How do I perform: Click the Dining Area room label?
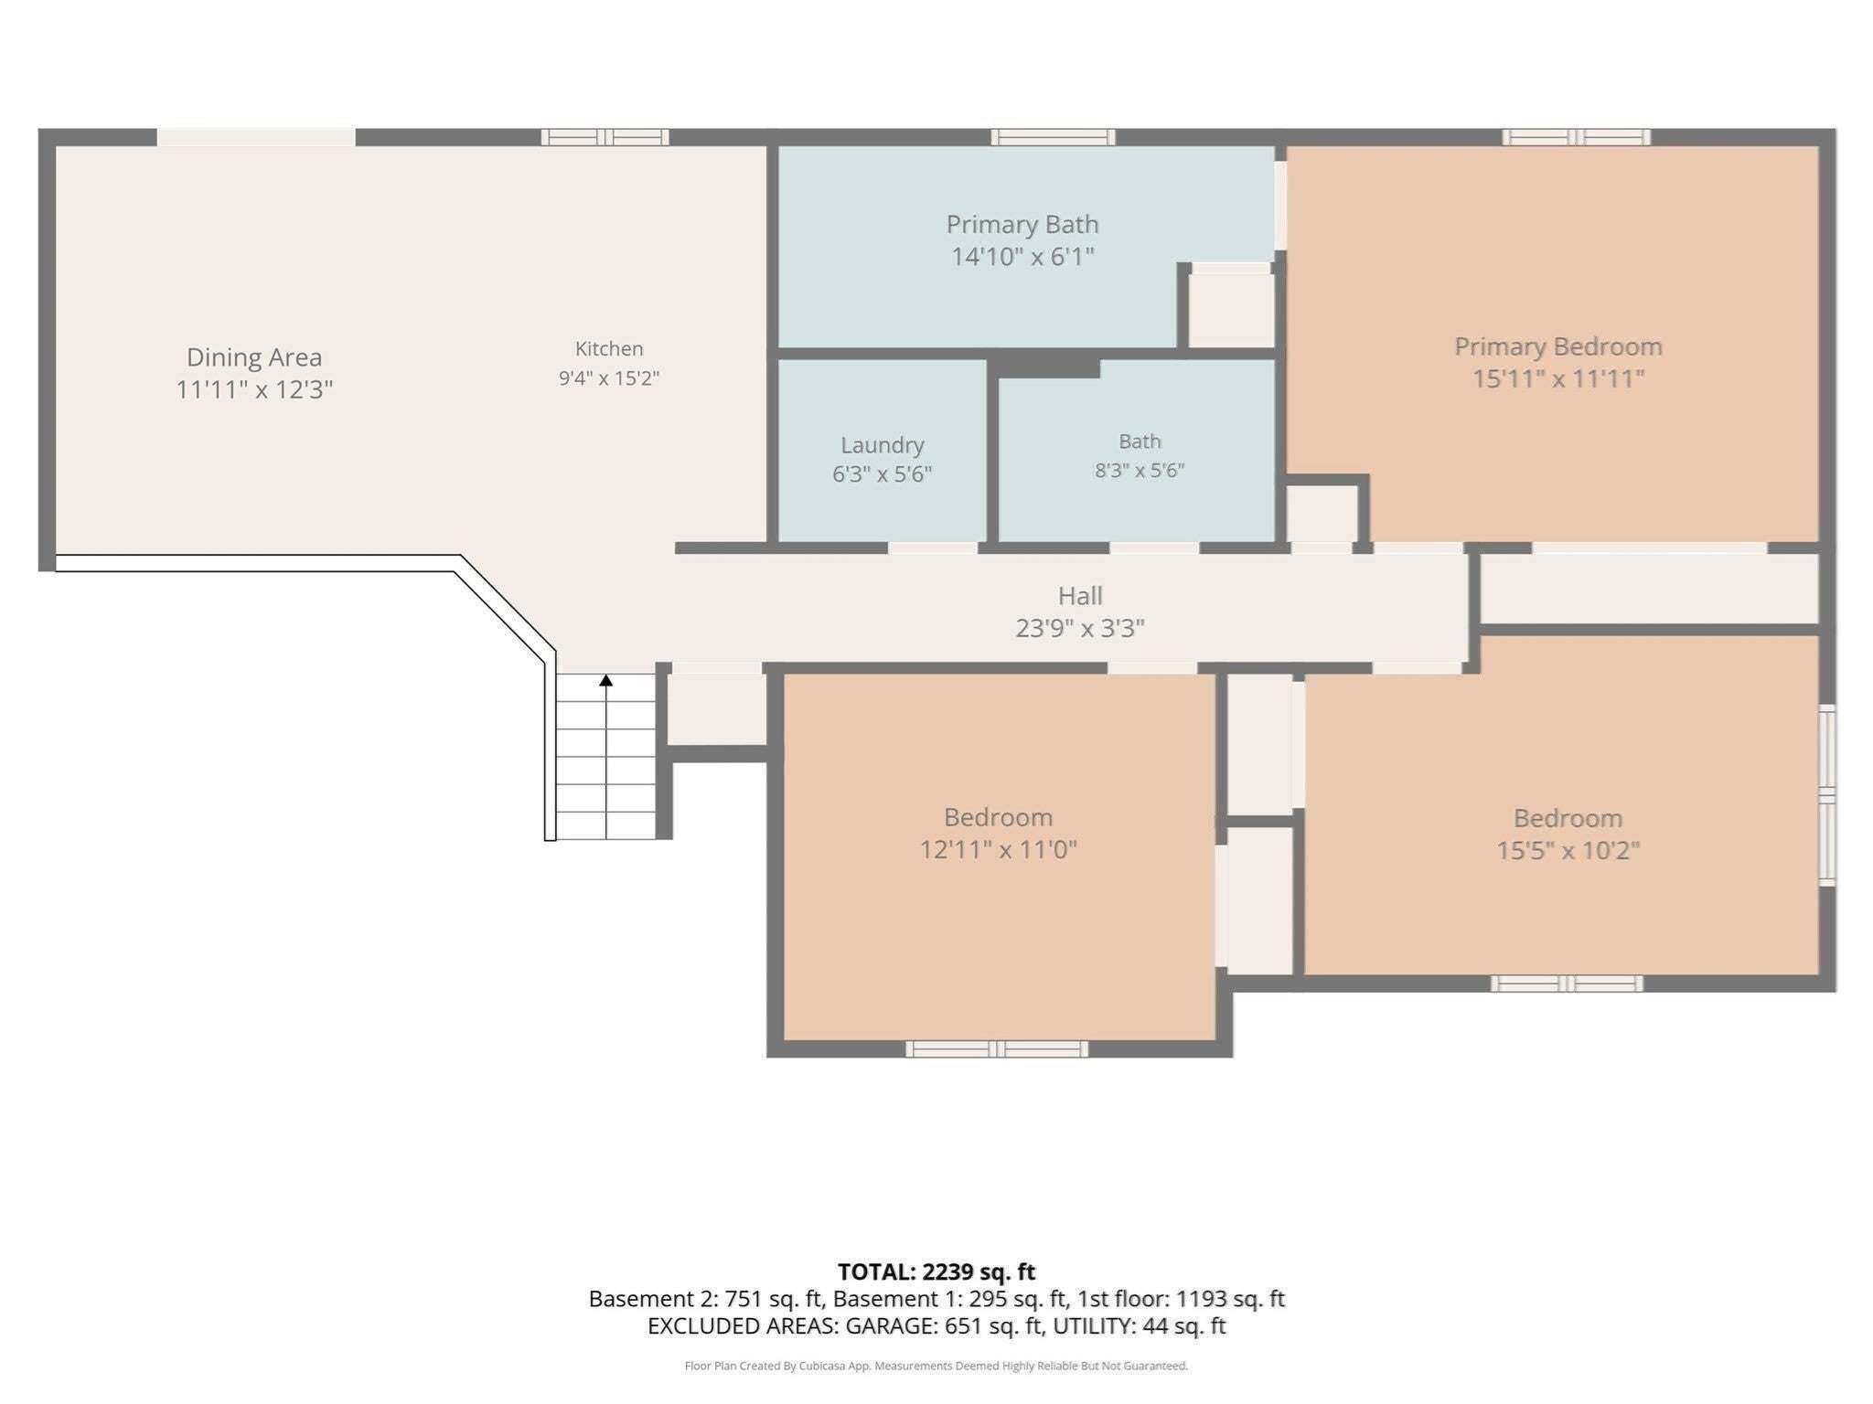tap(254, 357)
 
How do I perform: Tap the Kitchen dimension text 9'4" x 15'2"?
tap(609, 378)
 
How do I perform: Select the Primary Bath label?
tap(1022, 224)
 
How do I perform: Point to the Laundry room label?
tap(883, 445)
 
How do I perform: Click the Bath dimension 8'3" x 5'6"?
tap(1140, 471)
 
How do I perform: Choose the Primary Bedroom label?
tap(1558, 346)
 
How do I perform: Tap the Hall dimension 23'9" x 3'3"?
tap(1080, 628)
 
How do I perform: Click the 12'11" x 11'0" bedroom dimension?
tap(998, 849)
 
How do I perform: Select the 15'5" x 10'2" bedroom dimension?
tap(1568, 850)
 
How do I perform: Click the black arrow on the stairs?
tap(605, 680)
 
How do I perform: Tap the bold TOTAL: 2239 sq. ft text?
tap(936, 1271)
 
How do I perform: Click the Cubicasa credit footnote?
tap(936, 1367)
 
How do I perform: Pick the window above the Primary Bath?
tap(1054, 137)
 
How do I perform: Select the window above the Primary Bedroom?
tap(1577, 137)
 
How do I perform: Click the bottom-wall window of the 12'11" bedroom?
tap(997, 1048)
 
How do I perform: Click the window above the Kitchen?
tap(605, 137)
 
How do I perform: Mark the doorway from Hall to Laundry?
tap(933, 548)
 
